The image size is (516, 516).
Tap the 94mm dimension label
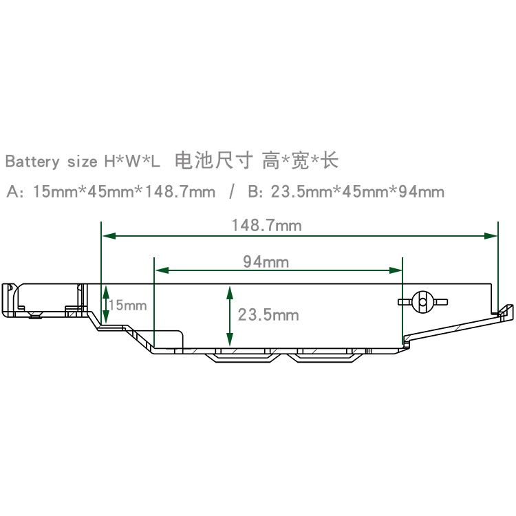pyautogui.click(x=266, y=261)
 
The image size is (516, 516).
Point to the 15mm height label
pyautogui.click(x=128, y=305)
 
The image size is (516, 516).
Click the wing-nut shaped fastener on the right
pyautogui.click(x=422, y=301)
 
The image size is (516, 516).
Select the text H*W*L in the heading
pyautogui.click(x=132, y=162)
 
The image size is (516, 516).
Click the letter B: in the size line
pyautogui.click(x=256, y=192)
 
